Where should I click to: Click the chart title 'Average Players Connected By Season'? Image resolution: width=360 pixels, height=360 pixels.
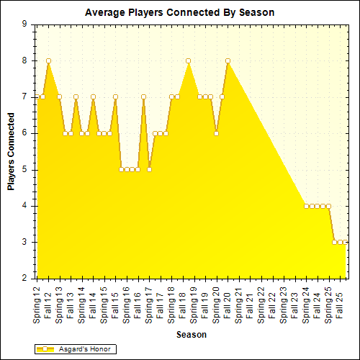coord(179,12)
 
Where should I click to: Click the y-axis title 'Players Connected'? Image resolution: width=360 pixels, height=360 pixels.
coord(11,150)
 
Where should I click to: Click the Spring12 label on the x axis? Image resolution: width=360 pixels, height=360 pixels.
coord(37,303)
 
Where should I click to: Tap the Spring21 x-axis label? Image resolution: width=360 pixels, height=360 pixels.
coord(238,303)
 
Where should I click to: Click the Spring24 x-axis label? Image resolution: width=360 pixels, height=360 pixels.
coord(306,303)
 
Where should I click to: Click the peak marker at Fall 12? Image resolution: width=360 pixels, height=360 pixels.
coord(48,60)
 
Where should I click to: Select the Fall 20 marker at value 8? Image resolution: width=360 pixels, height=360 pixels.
coord(228,60)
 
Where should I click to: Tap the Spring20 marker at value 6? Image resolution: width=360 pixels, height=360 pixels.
coord(216,133)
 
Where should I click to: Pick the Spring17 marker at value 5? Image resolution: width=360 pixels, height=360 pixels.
coord(149,169)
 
